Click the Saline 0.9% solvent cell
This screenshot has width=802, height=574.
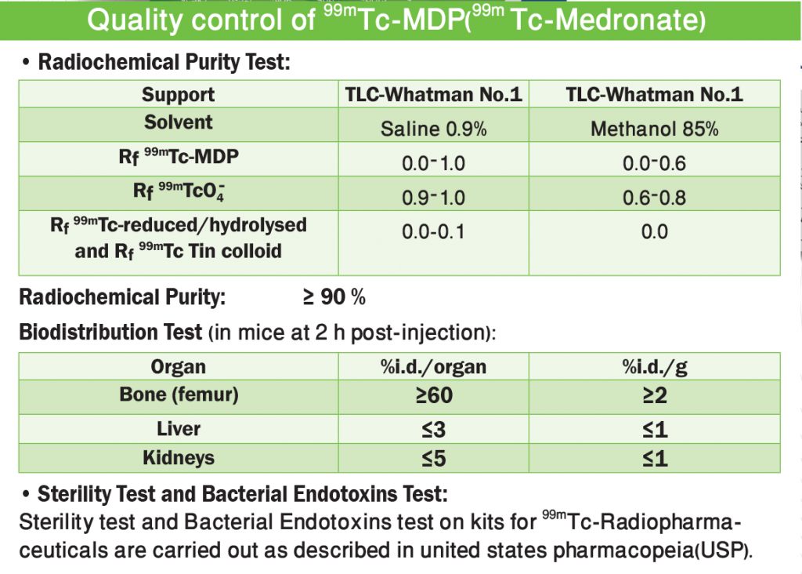coord(433,129)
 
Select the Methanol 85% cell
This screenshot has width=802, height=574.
coord(654,129)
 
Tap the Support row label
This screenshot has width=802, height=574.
coord(178,95)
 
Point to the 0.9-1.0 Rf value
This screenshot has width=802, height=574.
coord(433,198)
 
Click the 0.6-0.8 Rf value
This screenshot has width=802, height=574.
coord(654,198)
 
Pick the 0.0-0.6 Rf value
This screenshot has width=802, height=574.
coord(654,163)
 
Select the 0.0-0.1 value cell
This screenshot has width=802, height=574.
coord(433,232)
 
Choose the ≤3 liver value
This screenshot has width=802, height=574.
coord(433,430)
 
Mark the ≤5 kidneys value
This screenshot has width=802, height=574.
coord(433,458)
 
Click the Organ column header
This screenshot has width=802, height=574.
coord(178,366)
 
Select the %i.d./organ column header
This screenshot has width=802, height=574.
coord(433,366)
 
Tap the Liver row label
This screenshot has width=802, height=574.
coord(178,429)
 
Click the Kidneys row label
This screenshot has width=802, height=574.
coord(178,457)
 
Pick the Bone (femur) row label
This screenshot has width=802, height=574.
coord(178,394)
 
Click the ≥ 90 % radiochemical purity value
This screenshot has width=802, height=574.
coord(334,298)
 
